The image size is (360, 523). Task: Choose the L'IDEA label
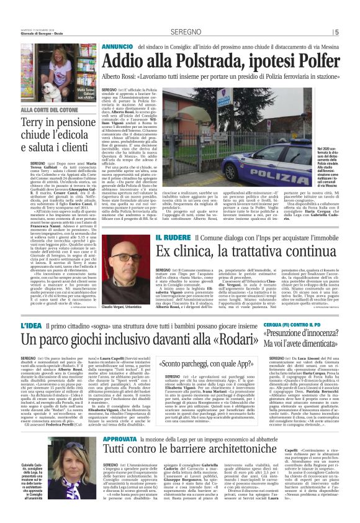pyautogui.click(x=31, y=325)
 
